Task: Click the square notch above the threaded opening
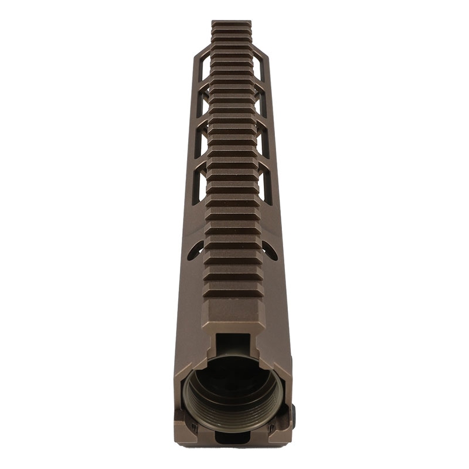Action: [233, 344]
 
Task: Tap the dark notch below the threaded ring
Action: [233, 437]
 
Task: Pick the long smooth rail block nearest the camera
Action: [233, 314]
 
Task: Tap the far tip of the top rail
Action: [231, 24]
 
